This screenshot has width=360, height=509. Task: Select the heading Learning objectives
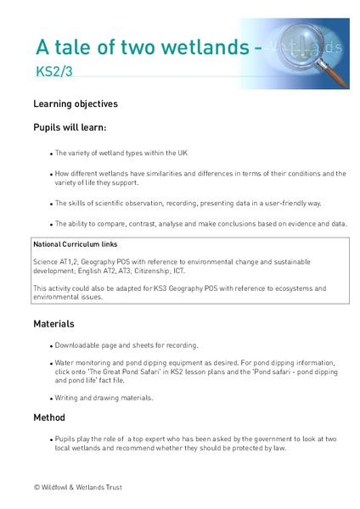(x=76, y=104)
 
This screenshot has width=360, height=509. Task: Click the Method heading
(x=49, y=417)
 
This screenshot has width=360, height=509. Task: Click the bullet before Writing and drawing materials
(x=50, y=398)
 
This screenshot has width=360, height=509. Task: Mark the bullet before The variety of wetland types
(x=50, y=154)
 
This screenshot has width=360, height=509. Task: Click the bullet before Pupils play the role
(x=50, y=439)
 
